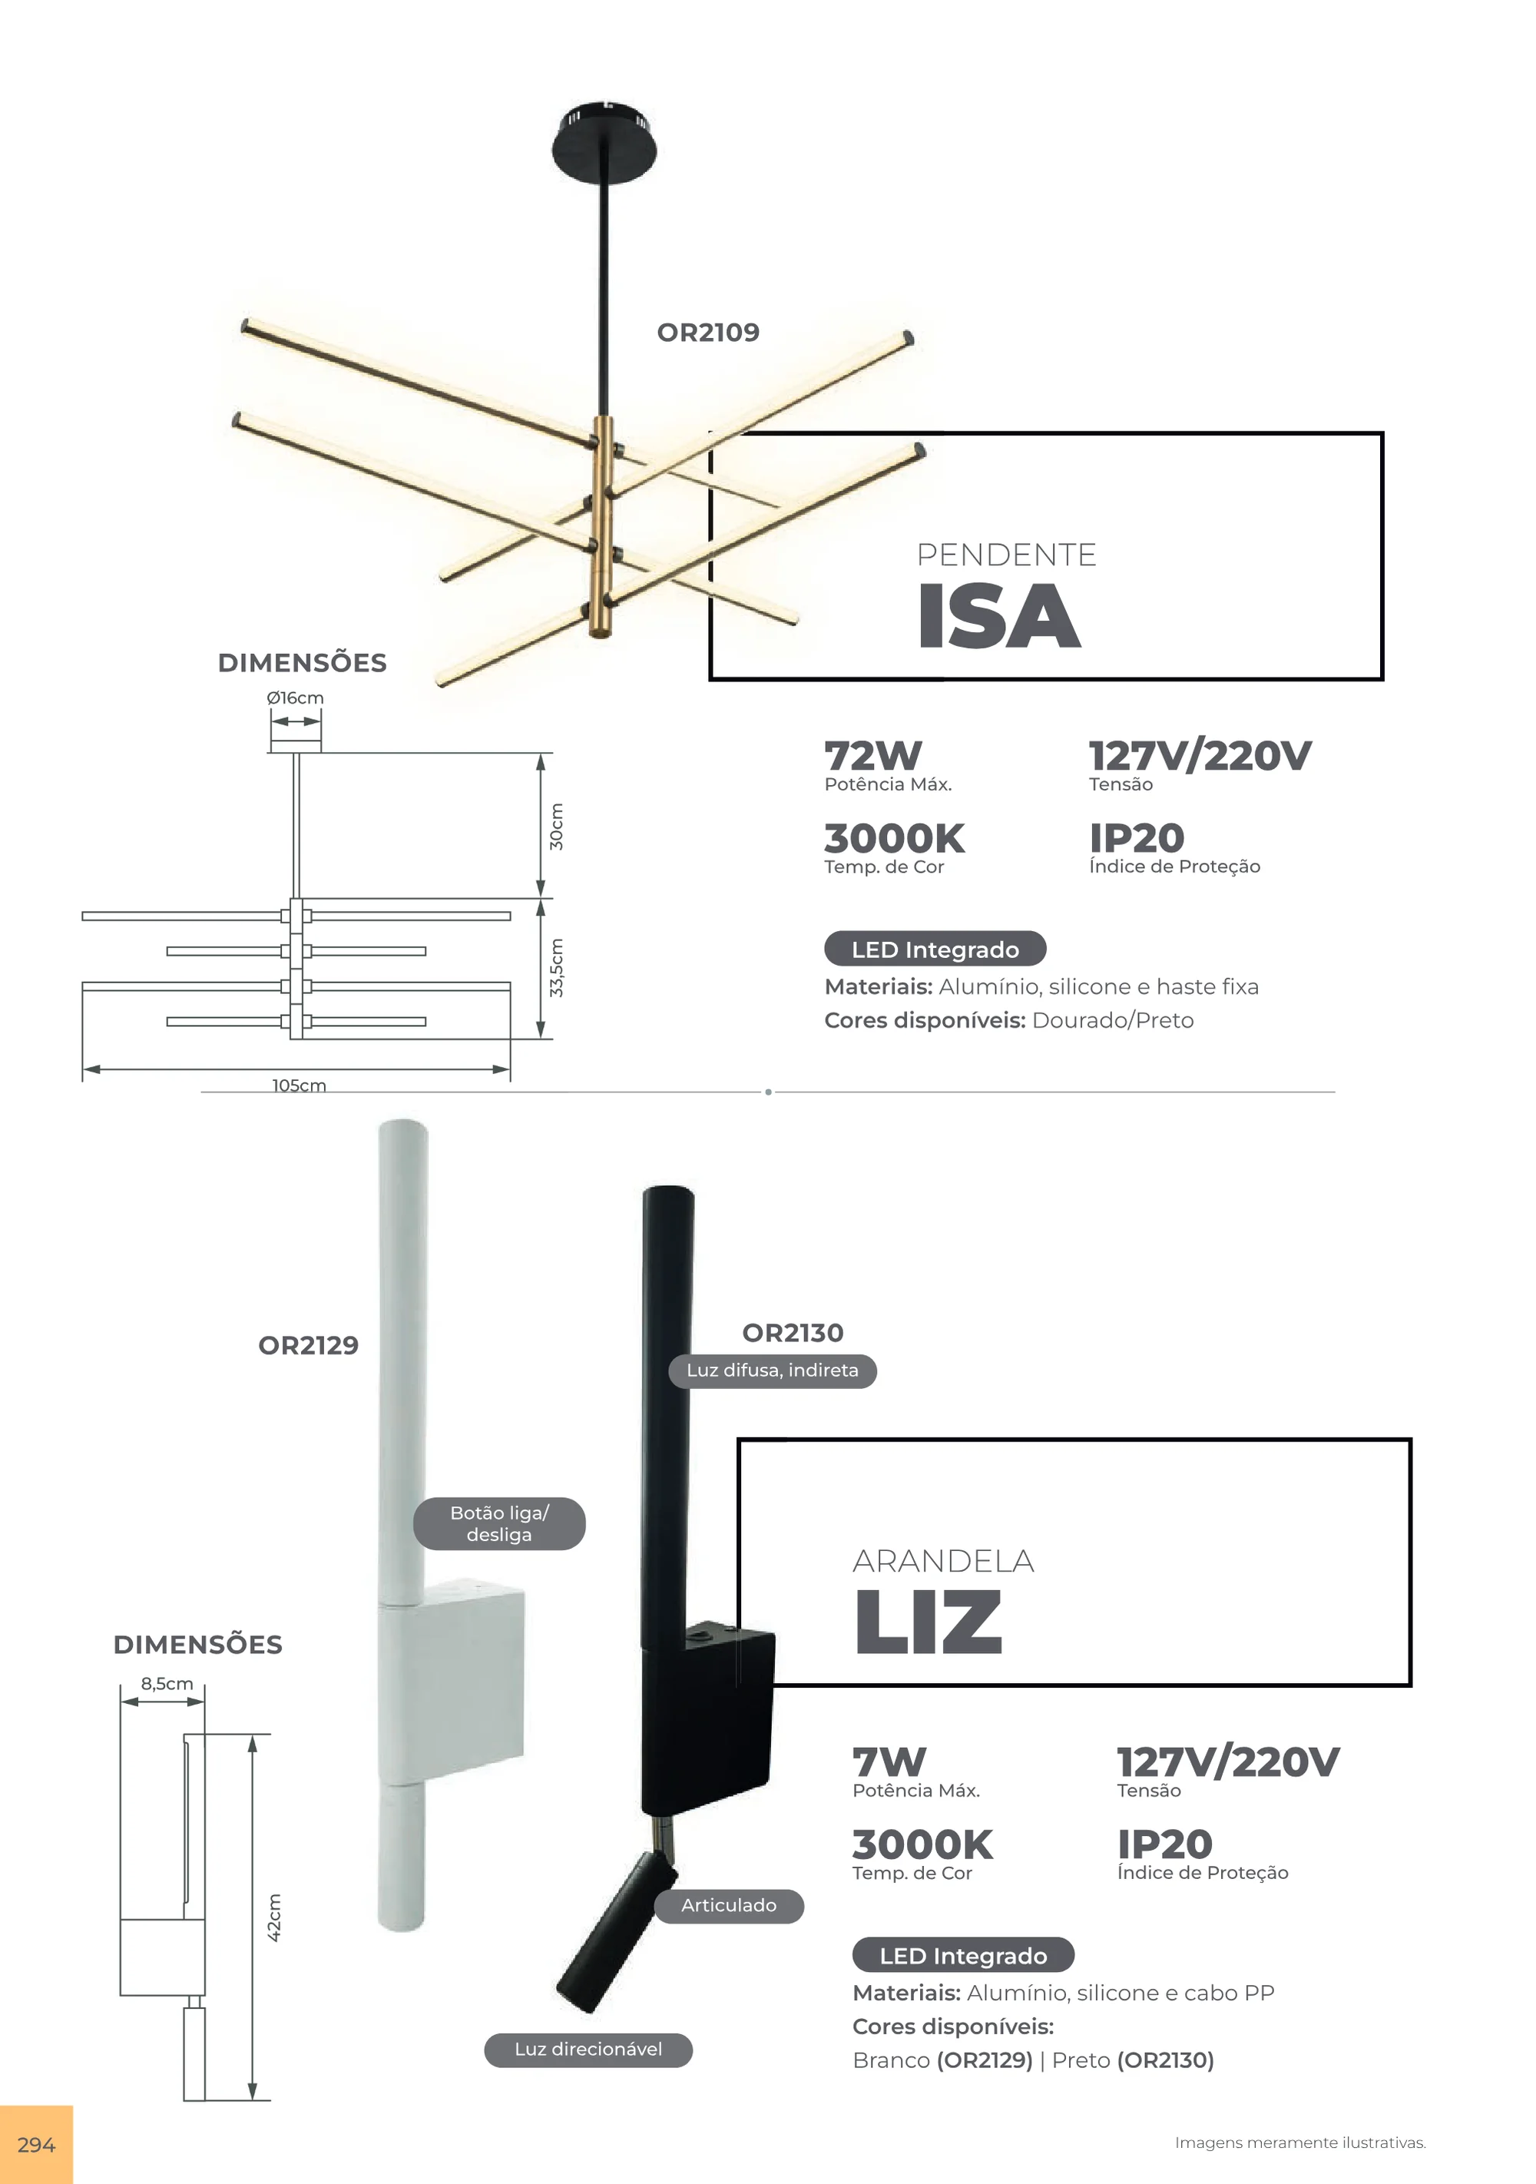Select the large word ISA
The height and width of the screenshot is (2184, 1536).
[998, 615]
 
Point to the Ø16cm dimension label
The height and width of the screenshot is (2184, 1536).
[295, 698]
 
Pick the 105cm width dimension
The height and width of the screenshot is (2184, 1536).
[299, 1085]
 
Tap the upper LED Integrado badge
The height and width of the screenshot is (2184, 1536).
[935, 949]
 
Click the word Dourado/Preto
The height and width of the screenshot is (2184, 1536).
[1113, 1021]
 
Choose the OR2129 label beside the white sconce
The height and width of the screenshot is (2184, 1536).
[308, 1345]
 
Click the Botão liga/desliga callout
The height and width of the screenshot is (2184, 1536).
[499, 1523]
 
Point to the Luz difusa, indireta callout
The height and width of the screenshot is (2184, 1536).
[773, 1370]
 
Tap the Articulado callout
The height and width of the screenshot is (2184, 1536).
[729, 1905]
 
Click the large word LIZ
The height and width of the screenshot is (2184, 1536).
[927, 1622]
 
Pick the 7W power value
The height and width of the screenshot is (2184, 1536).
[889, 1761]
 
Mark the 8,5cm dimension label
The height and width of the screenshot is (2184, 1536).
[167, 1684]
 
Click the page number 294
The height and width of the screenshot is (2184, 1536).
[36, 2145]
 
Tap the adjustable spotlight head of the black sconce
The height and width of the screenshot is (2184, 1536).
[616, 1931]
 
